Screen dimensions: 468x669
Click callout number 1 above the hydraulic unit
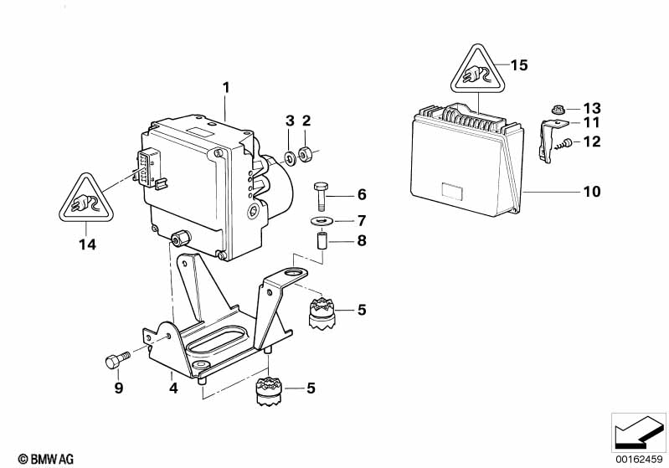(225, 86)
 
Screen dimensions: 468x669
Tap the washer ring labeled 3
(289, 156)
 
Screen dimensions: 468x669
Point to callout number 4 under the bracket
(172, 388)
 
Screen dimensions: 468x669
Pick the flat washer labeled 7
(322, 221)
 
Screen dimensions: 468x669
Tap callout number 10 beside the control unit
(592, 192)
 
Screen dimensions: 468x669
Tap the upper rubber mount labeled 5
(322, 312)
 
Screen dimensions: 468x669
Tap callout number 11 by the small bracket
(592, 123)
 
